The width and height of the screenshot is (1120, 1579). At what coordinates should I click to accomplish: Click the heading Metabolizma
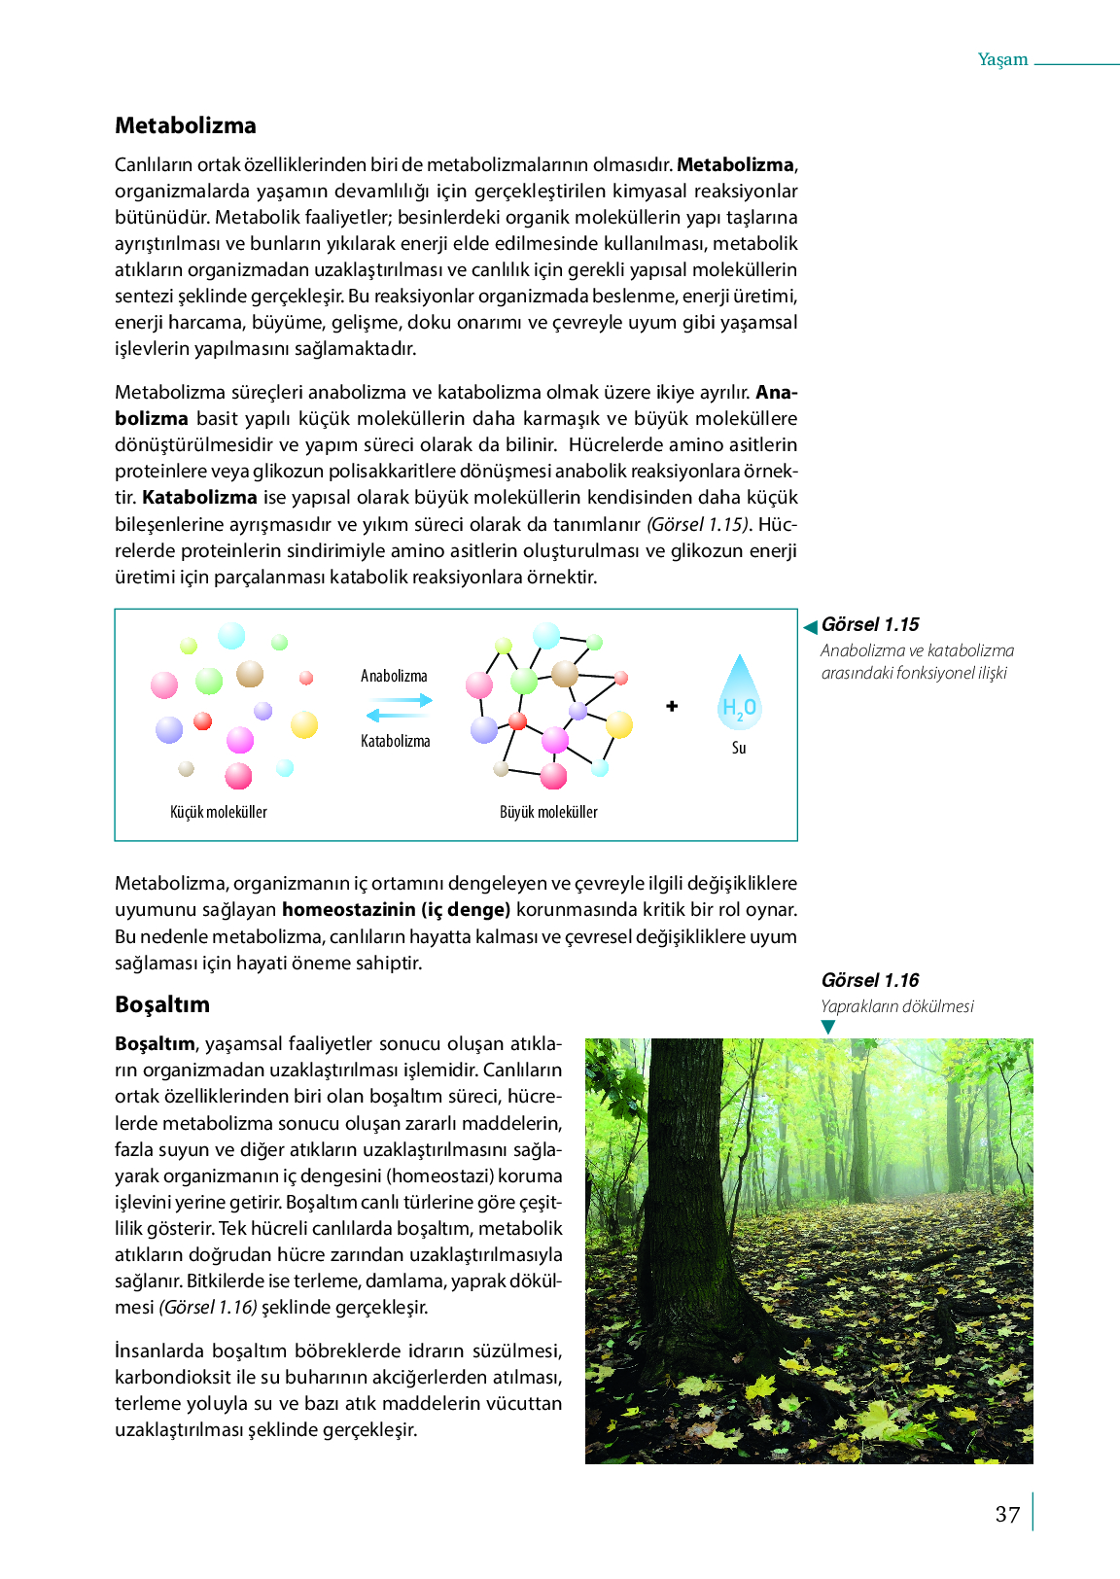(186, 125)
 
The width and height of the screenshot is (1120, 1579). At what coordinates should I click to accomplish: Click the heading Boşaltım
(162, 1004)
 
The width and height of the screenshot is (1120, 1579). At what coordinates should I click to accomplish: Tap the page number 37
(1007, 1514)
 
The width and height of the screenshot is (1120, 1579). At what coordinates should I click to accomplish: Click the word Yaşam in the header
(1002, 59)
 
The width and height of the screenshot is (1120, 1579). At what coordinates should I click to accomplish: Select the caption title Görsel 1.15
(870, 624)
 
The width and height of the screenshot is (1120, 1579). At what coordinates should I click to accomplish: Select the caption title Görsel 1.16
(870, 980)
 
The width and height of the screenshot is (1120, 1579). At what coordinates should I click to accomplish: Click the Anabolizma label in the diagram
(394, 676)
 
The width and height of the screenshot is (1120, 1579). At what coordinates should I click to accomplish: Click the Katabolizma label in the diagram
(395, 741)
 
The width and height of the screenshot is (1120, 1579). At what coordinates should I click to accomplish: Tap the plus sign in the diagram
(672, 706)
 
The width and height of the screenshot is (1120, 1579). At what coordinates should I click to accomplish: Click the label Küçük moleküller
(219, 812)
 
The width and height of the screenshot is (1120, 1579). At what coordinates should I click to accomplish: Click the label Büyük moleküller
(548, 812)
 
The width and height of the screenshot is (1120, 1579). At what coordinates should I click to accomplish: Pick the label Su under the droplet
(739, 748)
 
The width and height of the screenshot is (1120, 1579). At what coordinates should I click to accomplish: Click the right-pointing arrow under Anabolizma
(401, 700)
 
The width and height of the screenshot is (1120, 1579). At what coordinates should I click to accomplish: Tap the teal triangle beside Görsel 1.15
(810, 626)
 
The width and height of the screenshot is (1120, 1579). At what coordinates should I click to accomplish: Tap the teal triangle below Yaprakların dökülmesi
(828, 1027)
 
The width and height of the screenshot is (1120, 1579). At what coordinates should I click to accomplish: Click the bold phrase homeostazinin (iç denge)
(396, 910)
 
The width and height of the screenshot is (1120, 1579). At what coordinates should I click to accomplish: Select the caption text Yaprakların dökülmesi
(897, 1006)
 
